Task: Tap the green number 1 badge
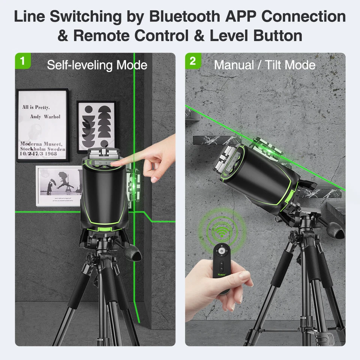click(22, 60)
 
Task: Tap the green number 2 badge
click(193, 60)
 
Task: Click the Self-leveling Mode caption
click(97, 65)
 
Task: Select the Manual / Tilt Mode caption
click(264, 65)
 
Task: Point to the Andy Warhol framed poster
click(42, 125)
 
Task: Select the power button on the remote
click(222, 250)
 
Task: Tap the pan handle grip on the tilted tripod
click(335, 229)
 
